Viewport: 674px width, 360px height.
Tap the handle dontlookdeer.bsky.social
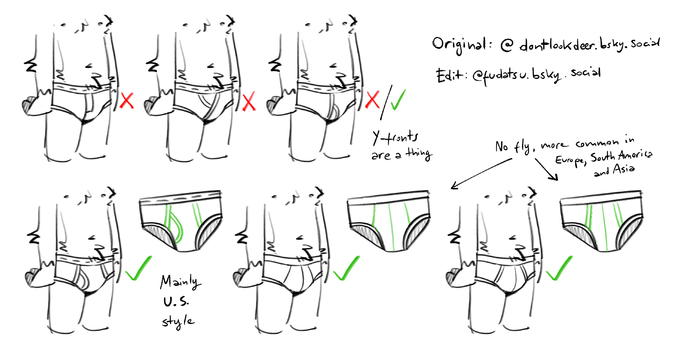pos(589,44)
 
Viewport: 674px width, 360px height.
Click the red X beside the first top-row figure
pos(127,100)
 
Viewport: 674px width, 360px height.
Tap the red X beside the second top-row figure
pos(249,101)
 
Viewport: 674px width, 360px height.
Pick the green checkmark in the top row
pos(398,100)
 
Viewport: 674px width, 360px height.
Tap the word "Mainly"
pos(180,282)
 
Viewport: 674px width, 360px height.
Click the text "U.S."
pos(176,301)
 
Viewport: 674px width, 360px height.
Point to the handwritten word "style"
pos(178,321)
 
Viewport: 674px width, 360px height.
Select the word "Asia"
pos(624,168)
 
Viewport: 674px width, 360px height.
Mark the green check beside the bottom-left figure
pos(139,268)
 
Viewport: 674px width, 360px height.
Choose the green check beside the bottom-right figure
pos(559,268)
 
